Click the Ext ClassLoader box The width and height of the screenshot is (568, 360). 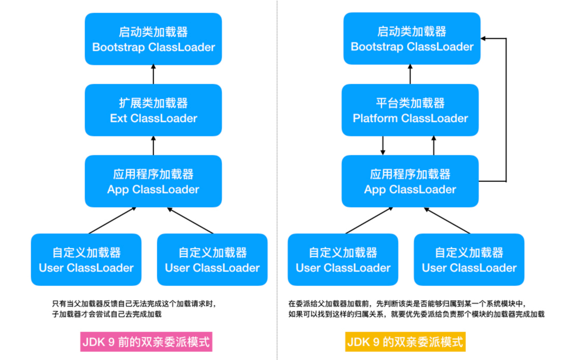[x=153, y=110]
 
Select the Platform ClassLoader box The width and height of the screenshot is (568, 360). [x=410, y=110]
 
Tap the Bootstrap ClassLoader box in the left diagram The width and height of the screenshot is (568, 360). [x=153, y=39]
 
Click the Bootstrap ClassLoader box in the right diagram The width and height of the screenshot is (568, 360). [x=412, y=39]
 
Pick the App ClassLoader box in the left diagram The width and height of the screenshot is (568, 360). [x=153, y=181]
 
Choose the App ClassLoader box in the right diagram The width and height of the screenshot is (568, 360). [x=410, y=181]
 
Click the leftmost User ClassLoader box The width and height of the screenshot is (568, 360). [x=86, y=260]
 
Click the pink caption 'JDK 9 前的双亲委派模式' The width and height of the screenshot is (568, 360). [x=146, y=342]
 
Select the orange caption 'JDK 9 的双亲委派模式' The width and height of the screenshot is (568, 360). [x=405, y=342]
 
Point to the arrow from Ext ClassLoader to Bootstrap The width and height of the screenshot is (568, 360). [x=153, y=74]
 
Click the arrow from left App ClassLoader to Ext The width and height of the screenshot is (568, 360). [x=153, y=146]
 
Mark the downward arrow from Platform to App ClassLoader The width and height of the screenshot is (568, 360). [x=383, y=146]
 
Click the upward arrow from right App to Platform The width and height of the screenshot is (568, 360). [x=434, y=146]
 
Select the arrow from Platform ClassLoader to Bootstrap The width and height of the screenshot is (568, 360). [x=410, y=74]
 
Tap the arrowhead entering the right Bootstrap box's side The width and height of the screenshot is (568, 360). [x=484, y=39]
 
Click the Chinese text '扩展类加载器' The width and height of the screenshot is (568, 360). [x=153, y=103]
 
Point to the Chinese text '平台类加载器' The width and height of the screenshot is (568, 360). [x=410, y=103]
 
